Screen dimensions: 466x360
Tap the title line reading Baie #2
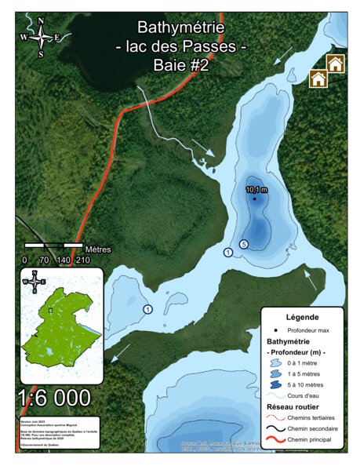tap(181, 66)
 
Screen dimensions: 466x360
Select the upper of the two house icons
tap(336, 64)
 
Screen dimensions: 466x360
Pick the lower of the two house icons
tap(318, 78)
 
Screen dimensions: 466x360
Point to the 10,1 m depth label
tap(256, 190)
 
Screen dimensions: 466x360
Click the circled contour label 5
tap(244, 245)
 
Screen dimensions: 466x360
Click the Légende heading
tap(303, 317)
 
